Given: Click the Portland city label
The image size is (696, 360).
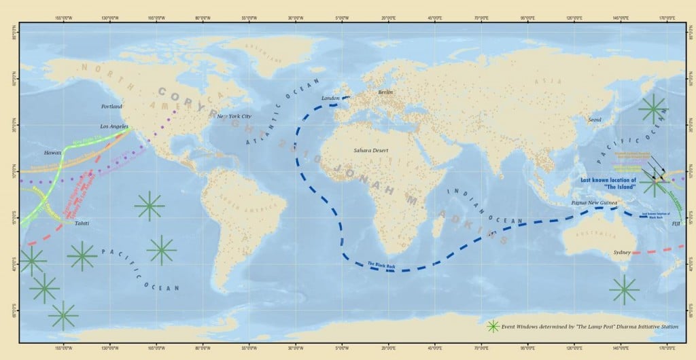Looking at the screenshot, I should coord(111,107).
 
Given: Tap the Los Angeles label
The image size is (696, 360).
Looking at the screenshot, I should coord(114,126).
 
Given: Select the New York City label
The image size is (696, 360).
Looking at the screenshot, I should coord(234,116).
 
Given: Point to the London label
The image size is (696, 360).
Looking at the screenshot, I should coord(330,98).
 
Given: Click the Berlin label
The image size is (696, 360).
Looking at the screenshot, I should coord(385,92).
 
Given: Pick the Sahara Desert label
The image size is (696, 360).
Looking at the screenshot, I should coord(370,149).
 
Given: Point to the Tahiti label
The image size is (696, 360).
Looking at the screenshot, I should coord(82,223).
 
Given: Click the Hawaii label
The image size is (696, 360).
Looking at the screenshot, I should coord(53,153).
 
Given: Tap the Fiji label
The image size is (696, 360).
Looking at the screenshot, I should coord(676,223).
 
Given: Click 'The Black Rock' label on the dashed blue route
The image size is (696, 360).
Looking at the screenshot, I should coord(381,264).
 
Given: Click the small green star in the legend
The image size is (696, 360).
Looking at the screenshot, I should coord(493,326).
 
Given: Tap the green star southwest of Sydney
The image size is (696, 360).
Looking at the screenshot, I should coord(624,290).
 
